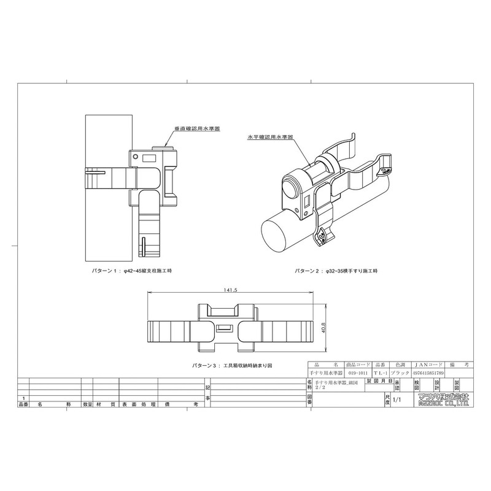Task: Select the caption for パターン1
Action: tap(131, 271)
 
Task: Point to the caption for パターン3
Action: tap(231, 365)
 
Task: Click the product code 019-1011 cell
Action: tap(359, 373)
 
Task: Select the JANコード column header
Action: tap(428, 365)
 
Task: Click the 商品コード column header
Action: tap(359, 365)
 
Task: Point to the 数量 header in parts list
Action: tap(87, 405)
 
